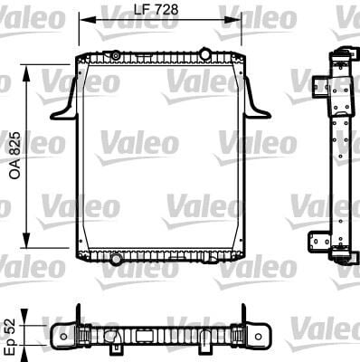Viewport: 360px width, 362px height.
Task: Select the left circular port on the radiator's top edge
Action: point(115,56)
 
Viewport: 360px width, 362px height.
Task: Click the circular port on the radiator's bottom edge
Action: point(115,261)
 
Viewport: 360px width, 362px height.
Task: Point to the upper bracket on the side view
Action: point(320,87)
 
